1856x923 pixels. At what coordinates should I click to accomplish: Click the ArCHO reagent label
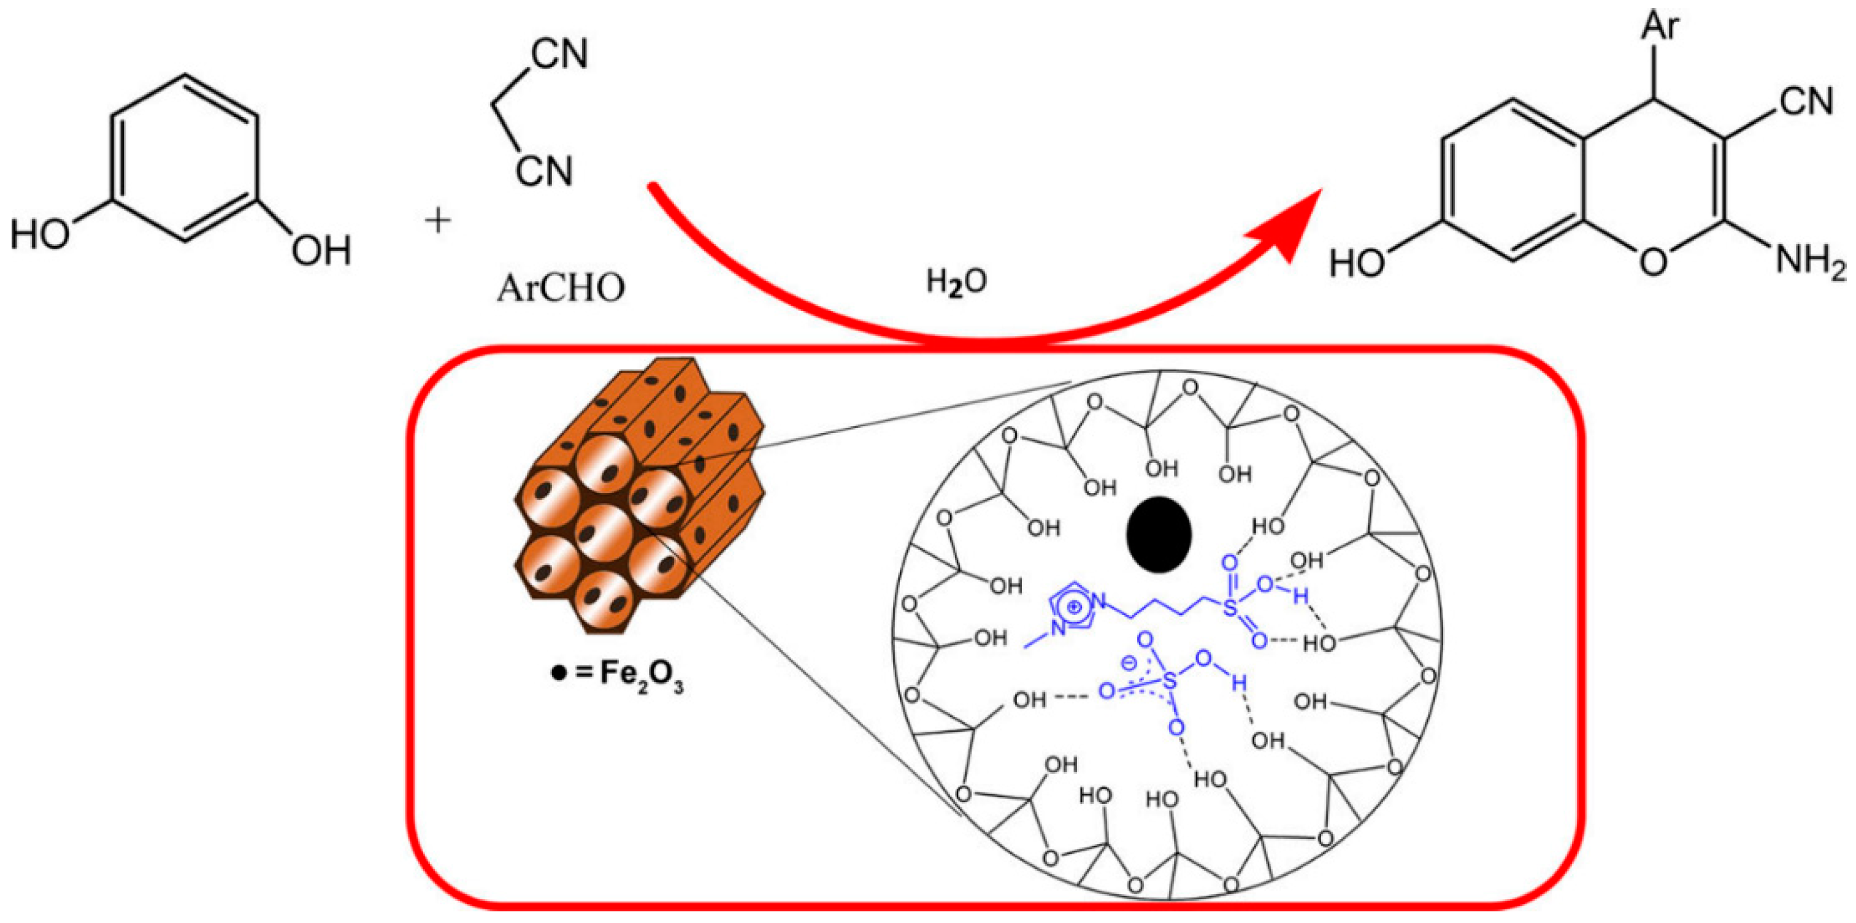pos(561,289)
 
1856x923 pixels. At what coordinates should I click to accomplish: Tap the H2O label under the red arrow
pos(956,281)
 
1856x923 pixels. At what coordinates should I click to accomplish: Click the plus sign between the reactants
pos(437,221)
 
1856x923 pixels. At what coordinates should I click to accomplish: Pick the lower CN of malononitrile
pos(544,172)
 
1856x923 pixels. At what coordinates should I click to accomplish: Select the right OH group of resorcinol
pos(321,251)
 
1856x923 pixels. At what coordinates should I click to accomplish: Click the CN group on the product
pos(1806,102)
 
